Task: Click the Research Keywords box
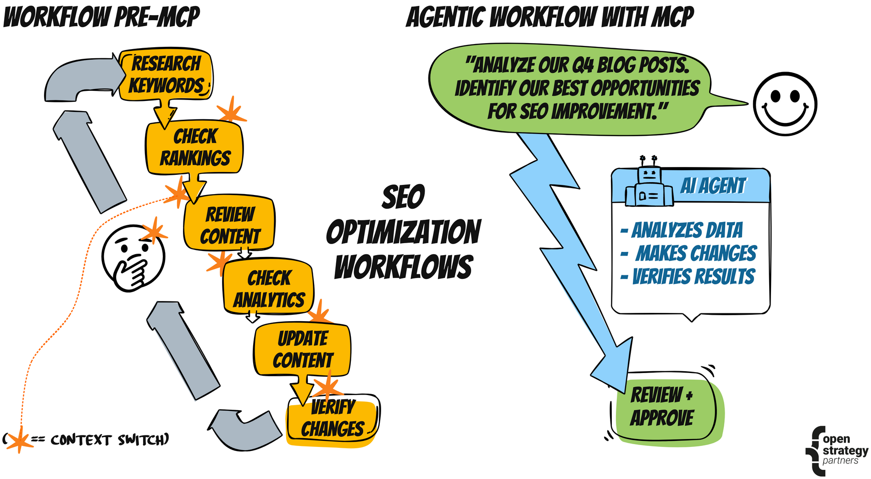(166, 75)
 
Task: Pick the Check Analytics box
(269, 288)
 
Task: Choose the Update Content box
(303, 350)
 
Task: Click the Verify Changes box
(333, 418)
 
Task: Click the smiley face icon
(785, 104)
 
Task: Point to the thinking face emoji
(133, 258)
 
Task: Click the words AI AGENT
(713, 186)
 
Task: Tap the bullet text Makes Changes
(695, 253)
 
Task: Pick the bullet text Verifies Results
(693, 277)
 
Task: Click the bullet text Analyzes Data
(687, 230)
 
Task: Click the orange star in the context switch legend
(19, 439)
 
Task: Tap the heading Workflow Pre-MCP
(101, 17)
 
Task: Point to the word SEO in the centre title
(403, 197)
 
